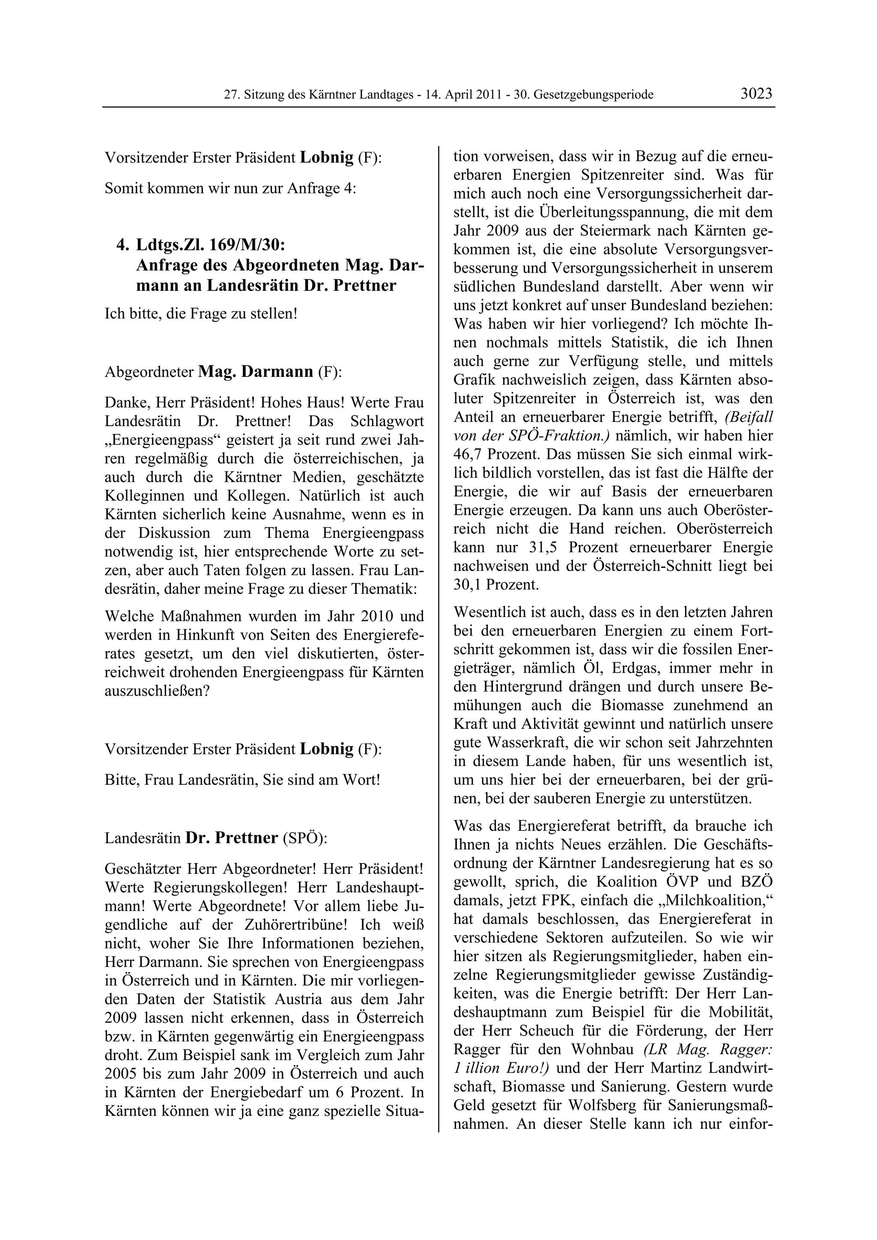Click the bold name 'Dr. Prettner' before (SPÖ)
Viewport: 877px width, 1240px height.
(x=231, y=838)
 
